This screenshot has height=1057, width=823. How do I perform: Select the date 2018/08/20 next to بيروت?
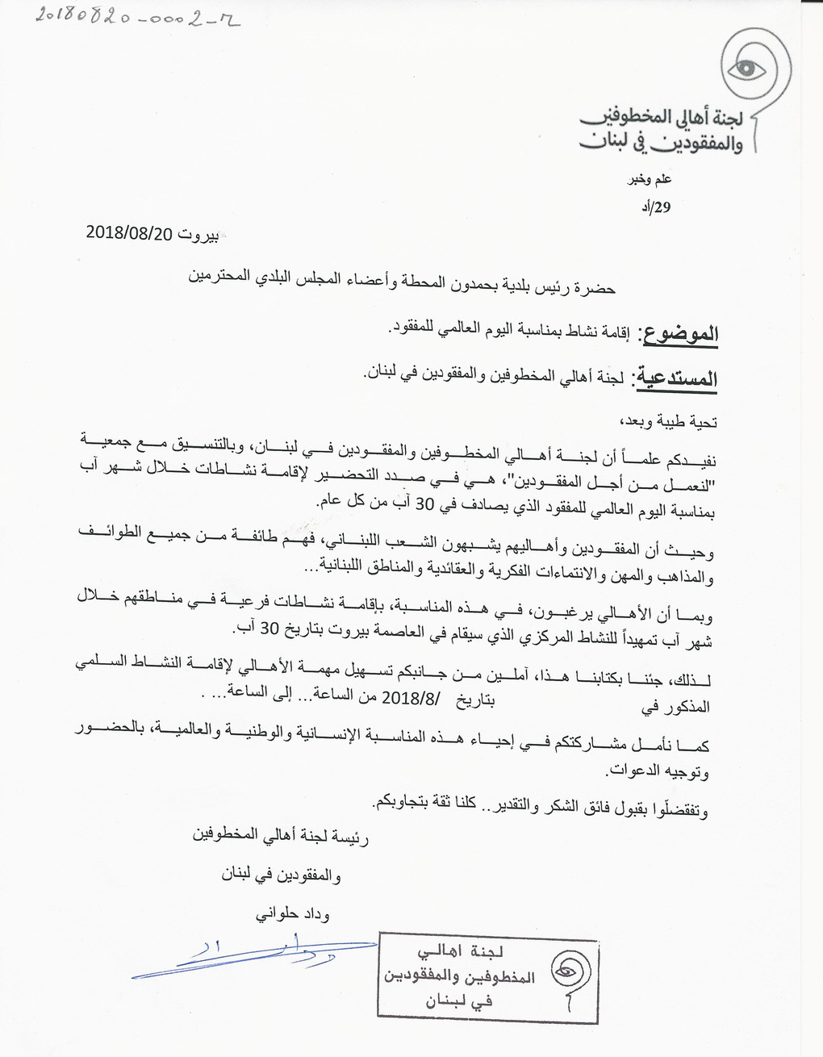129,233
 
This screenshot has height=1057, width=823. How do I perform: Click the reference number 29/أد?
656,207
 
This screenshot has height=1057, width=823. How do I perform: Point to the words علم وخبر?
650,179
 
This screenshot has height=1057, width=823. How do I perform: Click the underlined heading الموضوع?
678,333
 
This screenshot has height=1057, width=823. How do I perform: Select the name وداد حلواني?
293,915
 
